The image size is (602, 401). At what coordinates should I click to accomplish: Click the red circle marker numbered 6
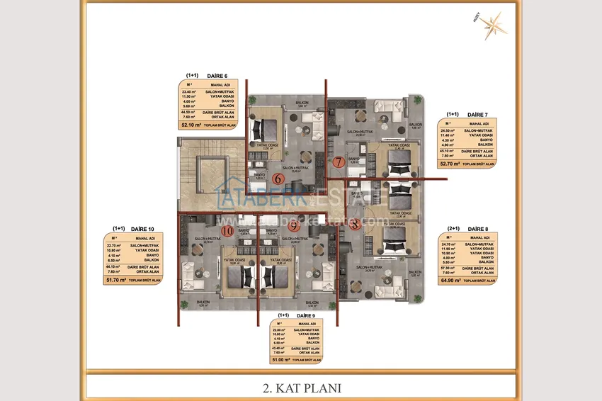[x=278, y=179]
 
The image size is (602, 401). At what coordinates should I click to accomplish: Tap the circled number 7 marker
[x=339, y=162]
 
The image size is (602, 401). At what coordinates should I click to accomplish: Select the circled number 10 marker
[x=227, y=230]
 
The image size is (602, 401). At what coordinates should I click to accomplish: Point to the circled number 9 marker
[x=275, y=227]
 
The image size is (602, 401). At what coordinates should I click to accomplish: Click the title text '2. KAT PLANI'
[x=300, y=388]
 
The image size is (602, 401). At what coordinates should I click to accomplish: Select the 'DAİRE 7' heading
[x=477, y=114]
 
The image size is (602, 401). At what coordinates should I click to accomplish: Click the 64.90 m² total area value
[x=450, y=280]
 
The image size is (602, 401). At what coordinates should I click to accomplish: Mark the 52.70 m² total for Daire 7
[x=450, y=164]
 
